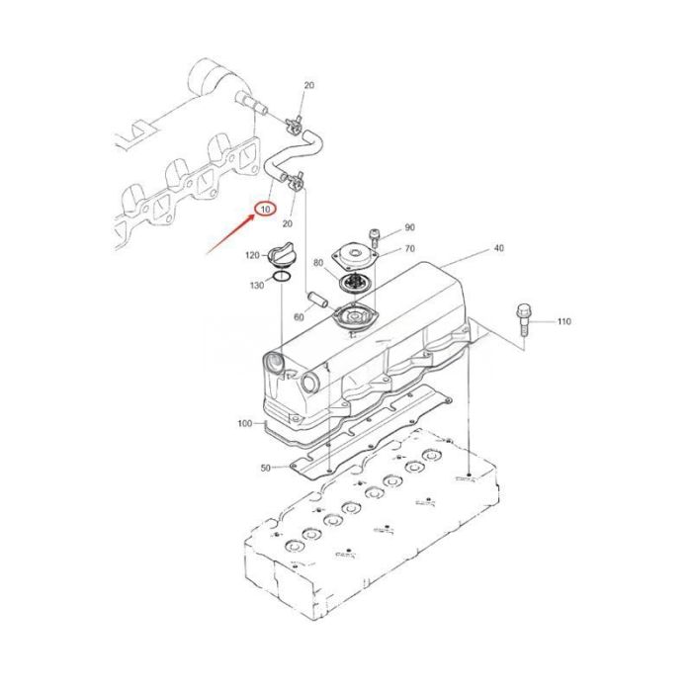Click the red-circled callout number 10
point(264,209)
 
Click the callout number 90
point(409,228)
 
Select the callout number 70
point(409,249)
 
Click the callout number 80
point(317,264)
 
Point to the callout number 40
point(498,248)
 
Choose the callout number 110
point(563,322)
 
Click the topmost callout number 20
point(308,86)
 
